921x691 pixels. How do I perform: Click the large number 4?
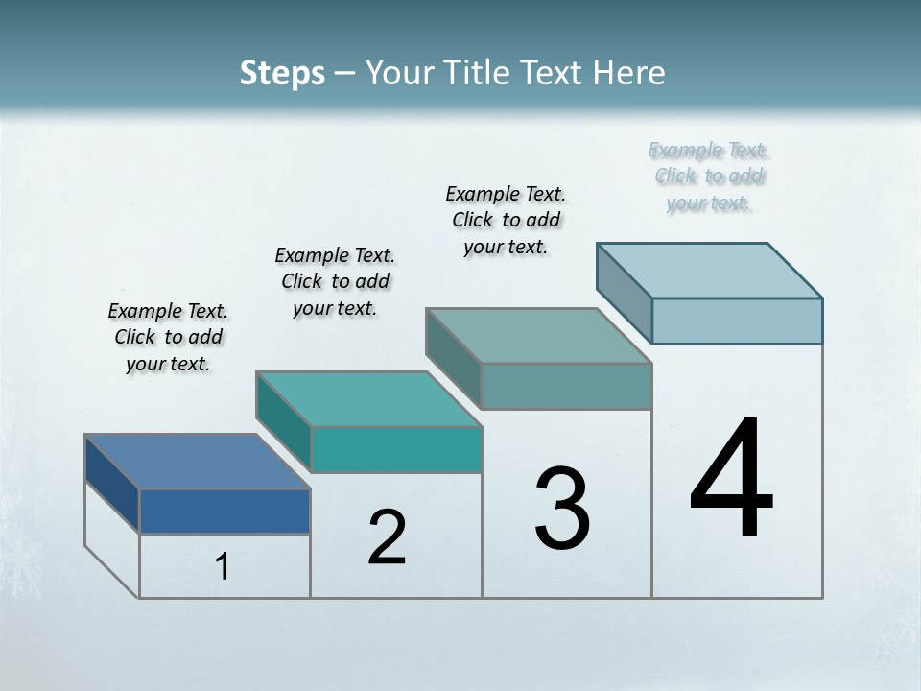pos(732,479)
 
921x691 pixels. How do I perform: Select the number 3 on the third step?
pos(562,509)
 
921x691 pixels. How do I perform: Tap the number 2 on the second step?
pos(387,537)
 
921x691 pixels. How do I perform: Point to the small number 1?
pos(223,567)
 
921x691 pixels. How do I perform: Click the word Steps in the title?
pos(282,73)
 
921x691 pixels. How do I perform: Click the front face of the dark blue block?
pos(224,511)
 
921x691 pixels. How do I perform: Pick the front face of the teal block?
pos(395,449)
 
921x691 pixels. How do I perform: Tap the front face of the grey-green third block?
pos(566,386)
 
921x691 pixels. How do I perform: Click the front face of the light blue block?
pos(737,321)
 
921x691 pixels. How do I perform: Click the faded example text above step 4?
pos(709,177)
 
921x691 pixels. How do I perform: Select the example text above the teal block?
pos(335,281)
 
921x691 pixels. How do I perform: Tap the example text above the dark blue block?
pos(168,337)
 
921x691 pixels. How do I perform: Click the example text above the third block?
pos(506,220)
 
